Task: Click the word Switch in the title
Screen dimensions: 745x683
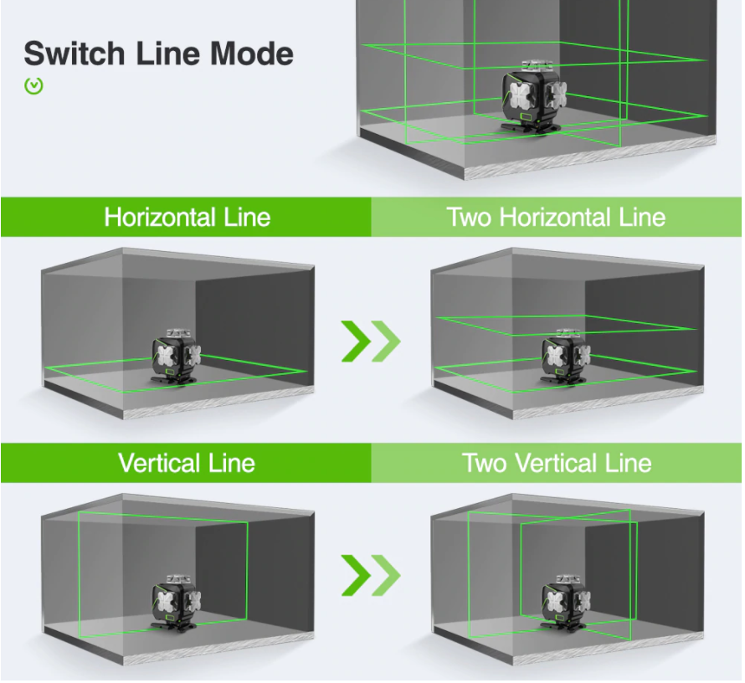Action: pyautogui.click(x=74, y=54)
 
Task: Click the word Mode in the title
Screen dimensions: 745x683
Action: pyautogui.click(x=252, y=54)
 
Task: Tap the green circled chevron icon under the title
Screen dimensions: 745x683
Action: pyautogui.click(x=33, y=86)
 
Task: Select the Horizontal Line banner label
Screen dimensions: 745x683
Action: pyautogui.click(x=188, y=217)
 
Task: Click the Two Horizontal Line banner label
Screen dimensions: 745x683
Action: pyautogui.click(x=556, y=217)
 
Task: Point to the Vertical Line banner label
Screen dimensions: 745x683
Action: pyautogui.click(x=186, y=463)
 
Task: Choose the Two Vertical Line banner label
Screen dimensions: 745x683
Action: pyautogui.click(x=557, y=463)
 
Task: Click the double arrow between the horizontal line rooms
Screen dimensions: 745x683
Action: pyautogui.click(x=371, y=341)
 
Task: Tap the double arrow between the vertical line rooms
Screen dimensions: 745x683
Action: pyautogui.click(x=371, y=575)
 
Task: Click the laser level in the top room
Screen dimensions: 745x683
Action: pyautogui.click(x=535, y=97)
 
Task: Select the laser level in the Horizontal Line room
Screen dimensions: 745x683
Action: pyautogui.click(x=176, y=357)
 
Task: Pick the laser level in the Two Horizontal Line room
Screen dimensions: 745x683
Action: pyautogui.click(x=566, y=357)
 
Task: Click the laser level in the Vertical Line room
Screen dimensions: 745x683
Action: pyautogui.click(x=176, y=603)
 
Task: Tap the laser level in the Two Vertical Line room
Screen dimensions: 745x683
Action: pyautogui.click(x=566, y=603)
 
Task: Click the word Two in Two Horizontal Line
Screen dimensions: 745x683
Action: pyautogui.click(x=469, y=218)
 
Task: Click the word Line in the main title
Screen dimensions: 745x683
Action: pyautogui.click(x=167, y=54)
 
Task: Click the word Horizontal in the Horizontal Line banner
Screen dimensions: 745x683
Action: pyautogui.click(x=160, y=217)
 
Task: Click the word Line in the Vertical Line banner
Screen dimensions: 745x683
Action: pyautogui.click(x=232, y=463)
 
